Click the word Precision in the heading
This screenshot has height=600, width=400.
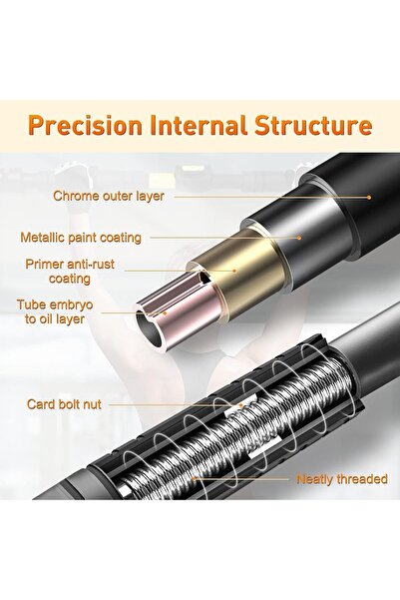[85, 126]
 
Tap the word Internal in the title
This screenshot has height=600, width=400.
[199, 125]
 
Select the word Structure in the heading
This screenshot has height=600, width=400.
[313, 125]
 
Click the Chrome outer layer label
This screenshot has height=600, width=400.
[109, 196]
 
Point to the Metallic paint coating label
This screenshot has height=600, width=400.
[81, 238]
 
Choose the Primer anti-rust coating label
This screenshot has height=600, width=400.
[70, 272]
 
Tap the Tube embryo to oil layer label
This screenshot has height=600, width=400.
[55, 311]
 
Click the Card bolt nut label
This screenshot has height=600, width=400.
[64, 404]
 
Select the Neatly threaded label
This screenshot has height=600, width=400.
[342, 479]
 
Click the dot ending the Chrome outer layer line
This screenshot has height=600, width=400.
[369, 198]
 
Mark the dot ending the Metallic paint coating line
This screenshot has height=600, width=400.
[299, 238]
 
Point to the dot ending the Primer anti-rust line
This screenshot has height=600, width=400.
[235, 271]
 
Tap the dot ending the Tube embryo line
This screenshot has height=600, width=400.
[166, 313]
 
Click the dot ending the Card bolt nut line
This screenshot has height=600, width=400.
[241, 404]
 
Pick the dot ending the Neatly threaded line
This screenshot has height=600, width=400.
[195, 478]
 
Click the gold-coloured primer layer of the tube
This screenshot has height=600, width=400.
[244, 274]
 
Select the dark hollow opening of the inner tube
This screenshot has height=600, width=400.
[150, 330]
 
